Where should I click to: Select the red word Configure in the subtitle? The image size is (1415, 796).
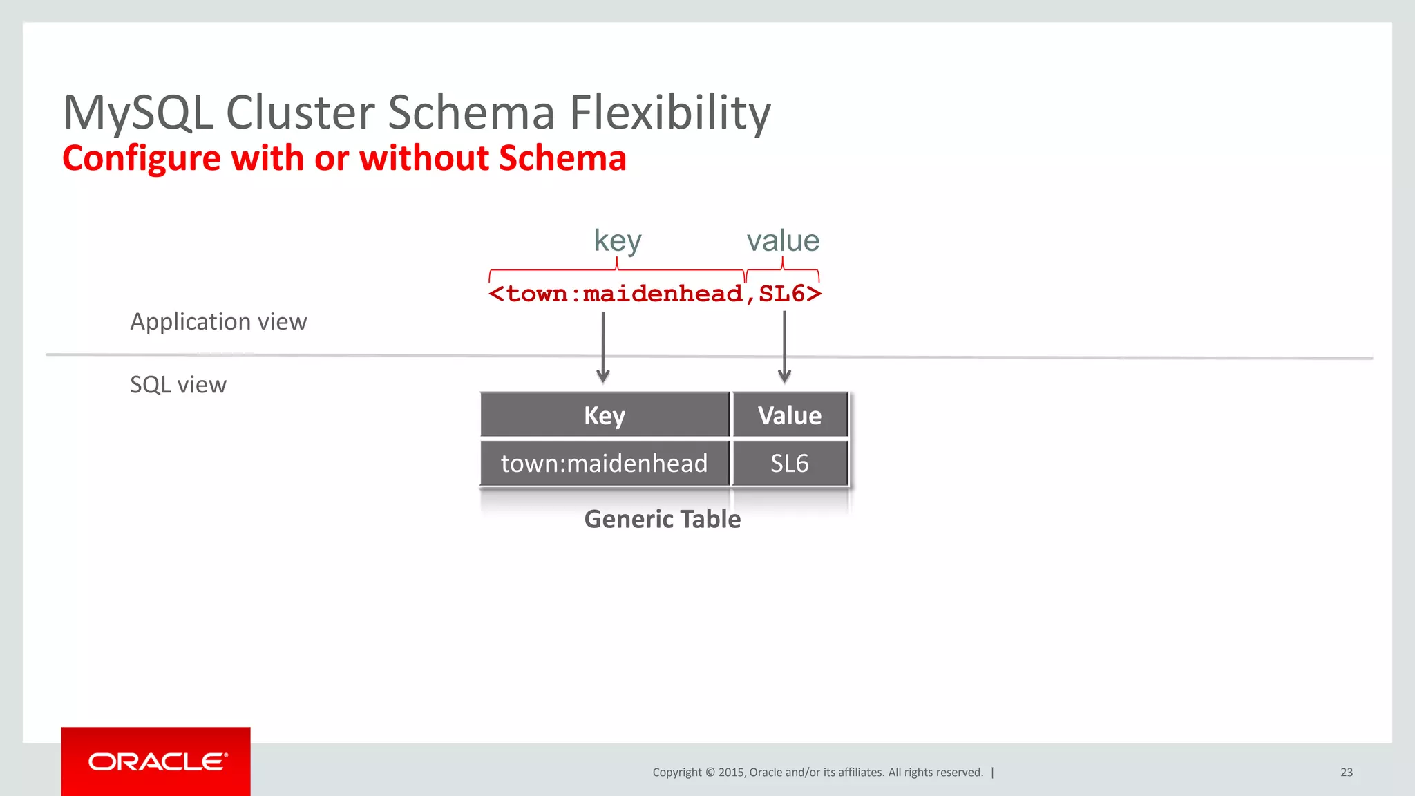pyautogui.click(x=142, y=159)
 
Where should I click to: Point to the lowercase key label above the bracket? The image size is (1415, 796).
pyautogui.click(x=618, y=240)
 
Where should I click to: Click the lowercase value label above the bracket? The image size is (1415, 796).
pyautogui.click(x=783, y=240)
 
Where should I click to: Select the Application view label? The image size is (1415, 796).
pyautogui.click(x=218, y=322)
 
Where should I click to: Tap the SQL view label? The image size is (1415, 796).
pyautogui.click(x=178, y=385)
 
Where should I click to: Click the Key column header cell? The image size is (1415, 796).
pyautogui.click(x=605, y=415)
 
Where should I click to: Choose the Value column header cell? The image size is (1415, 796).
pyautogui.click(x=790, y=415)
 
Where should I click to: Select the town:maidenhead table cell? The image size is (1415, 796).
pyautogui.click(x=605, y=463)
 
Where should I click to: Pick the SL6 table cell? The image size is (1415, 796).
pyautogui.click(x=790, y=463)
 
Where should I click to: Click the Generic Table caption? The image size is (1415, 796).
pyautogui.click(x=662, y=519)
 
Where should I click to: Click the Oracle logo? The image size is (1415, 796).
pyautogui.click(x=156, y=761)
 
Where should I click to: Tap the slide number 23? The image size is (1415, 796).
pyautogui.click(x=1347, y=773)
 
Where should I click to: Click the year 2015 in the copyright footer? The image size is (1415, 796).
pyautogui.click(x=731, y=773)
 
